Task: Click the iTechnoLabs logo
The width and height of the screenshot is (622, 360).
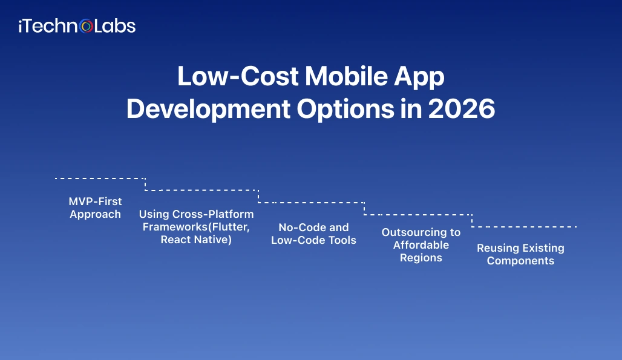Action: click(x=77, y=26)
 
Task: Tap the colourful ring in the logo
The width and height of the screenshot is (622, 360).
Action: click(x=87, y=27)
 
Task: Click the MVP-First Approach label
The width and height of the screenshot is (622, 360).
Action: click(x=95, y=208)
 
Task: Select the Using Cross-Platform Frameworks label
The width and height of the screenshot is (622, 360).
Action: click(x=196, y=226)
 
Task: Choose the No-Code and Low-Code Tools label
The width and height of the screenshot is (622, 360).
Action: click(x=313, y=234)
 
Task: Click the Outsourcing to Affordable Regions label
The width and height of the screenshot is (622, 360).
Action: click(x=421, y=245)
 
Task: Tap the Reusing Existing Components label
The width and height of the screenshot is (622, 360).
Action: click(x=520, y=254)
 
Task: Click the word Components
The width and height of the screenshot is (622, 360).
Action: click(x=520, y=261)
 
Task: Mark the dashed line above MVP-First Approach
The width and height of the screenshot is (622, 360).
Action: click(x=100, y=178)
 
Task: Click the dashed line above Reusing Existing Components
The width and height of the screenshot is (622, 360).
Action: click(x=524, y=227)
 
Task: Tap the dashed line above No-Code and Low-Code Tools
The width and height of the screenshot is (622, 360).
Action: click(x=312, y=203)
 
